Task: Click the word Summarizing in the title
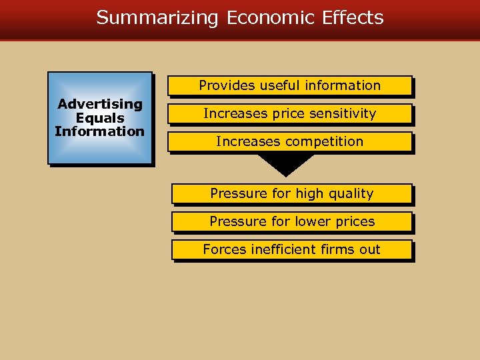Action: pyautogui.click(x=157, y=17)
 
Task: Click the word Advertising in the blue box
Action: pyautogui.click(x=100, y=104)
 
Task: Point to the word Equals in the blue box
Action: pyautogui.click(x=100, y=117)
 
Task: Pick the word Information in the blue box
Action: pyautogui.click(x=100, y=131)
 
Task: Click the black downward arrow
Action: pyautogui.click(x=285, y=164)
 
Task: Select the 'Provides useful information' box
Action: pyautogui.click(x=289, y=85)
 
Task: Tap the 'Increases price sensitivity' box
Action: pyautogui.click(x=289, y=113)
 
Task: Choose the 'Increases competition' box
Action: pyautogui.click(x=289, y=141)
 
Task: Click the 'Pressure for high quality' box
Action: pyautogui.click(x=291, y=193)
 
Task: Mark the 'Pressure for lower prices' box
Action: pyautogui.click(x=291, y=221)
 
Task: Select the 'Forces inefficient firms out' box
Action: pyautogui.click(x=291, y=249)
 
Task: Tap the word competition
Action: pyautogui.click(x=324, y=141)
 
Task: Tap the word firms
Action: pyautogui.click(x=338, y=249)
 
